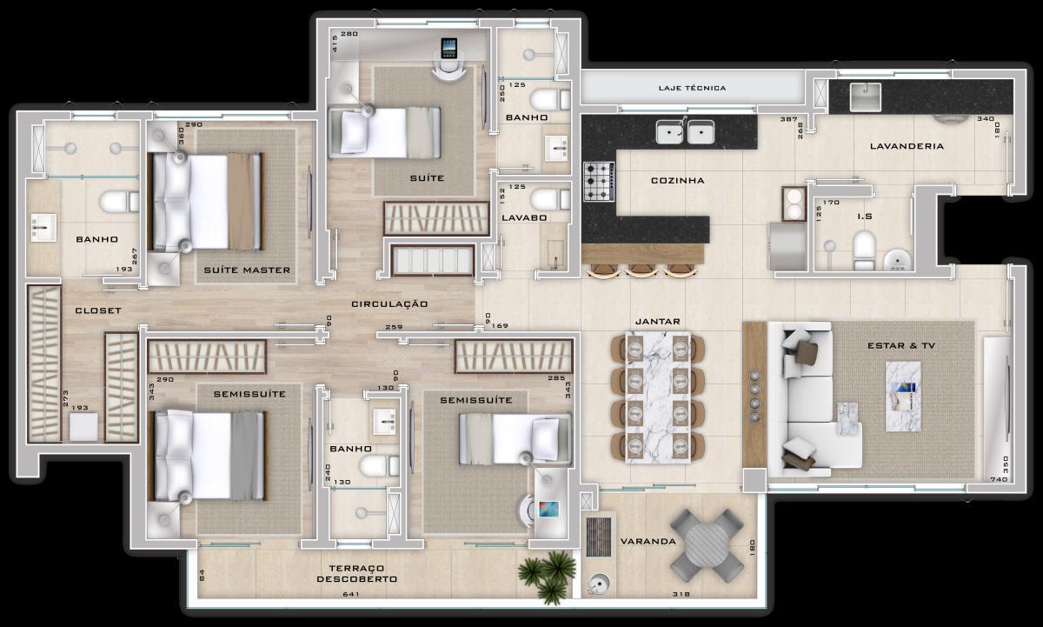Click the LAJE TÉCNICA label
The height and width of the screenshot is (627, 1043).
[693, 88]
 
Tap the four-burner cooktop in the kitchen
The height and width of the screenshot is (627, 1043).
[599, 182]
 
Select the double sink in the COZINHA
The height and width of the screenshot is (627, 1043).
[685, 132]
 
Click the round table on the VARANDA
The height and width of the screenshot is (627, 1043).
[707, 545]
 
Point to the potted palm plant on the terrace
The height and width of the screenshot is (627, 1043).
[547, 575]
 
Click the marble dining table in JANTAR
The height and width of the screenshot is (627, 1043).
[657, 397]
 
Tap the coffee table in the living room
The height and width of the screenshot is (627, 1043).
[903, 396]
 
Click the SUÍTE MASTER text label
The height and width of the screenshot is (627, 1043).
[247, 270]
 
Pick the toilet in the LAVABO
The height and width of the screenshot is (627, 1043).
[550, 199]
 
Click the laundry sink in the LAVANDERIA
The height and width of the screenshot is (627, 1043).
[864, 95]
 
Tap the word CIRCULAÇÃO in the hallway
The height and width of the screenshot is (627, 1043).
[389, 304]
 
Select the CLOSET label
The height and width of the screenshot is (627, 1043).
[97, 310]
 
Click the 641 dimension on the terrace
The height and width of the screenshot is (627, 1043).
[350, 595]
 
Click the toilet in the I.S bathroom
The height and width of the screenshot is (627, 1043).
[864, 249]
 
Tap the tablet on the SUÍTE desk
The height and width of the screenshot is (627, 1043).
[448, 47]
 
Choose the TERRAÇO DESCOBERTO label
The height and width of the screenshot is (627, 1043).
[356, 572]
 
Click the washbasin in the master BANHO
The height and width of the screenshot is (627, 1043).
[43, 228]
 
